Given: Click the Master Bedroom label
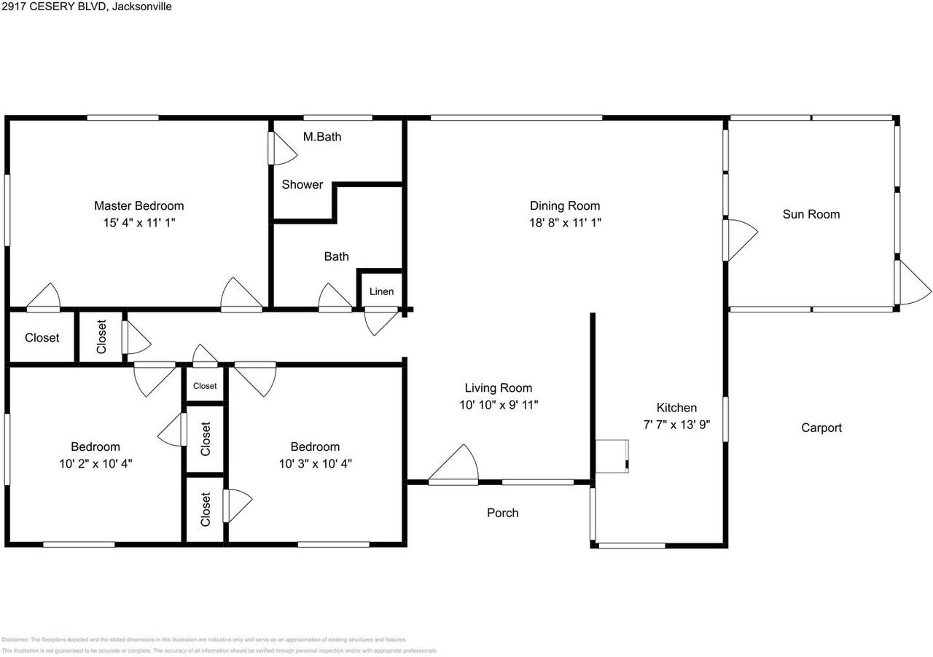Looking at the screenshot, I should [138, 205].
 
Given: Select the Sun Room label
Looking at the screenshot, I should [811, 214].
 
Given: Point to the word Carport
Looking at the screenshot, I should [821, 428].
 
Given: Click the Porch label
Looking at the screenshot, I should [502, 513].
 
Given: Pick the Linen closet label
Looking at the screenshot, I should [381, 291].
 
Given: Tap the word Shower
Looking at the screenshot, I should [302, 184].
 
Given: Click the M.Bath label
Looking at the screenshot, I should [321, 136].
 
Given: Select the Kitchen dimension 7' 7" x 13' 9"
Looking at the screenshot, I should [676, 425].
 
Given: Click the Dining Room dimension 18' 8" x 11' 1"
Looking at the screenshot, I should [564, 223].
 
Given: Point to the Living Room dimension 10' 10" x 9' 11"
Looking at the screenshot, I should [499, 405].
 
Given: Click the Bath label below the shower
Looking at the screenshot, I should [336, 256].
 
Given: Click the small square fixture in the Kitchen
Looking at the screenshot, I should [612, 457].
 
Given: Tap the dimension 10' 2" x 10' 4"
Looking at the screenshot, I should [95, 463].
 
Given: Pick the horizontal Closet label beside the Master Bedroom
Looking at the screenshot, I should [42, 337].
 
